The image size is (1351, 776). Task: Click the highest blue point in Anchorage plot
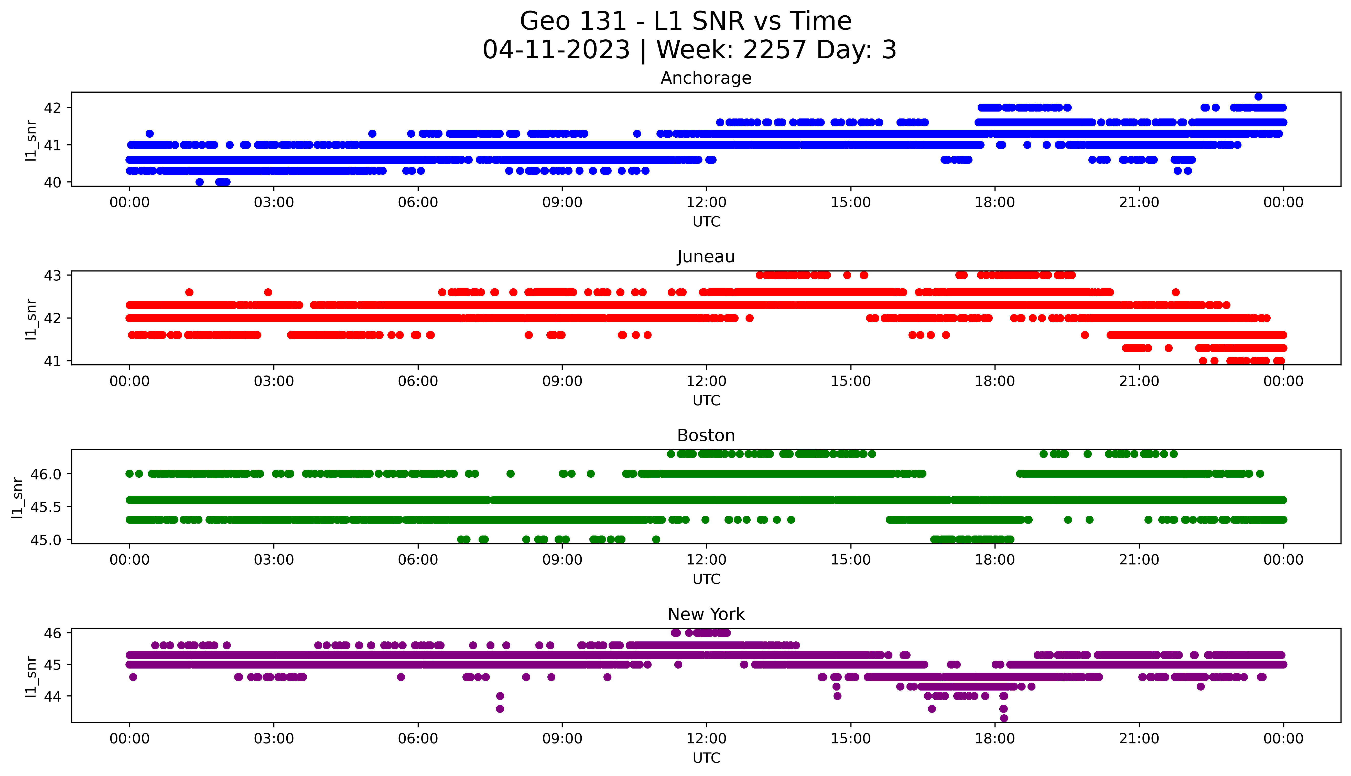coord(1258,96)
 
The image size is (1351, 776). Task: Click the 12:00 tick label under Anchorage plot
coord(706,203)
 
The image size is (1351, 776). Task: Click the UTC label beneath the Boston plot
coord(706,579)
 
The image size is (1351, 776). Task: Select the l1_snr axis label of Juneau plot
coord(31,319)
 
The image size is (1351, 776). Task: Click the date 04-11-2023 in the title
coord(556,50)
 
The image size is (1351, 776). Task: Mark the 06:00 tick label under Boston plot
coord(418,560)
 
